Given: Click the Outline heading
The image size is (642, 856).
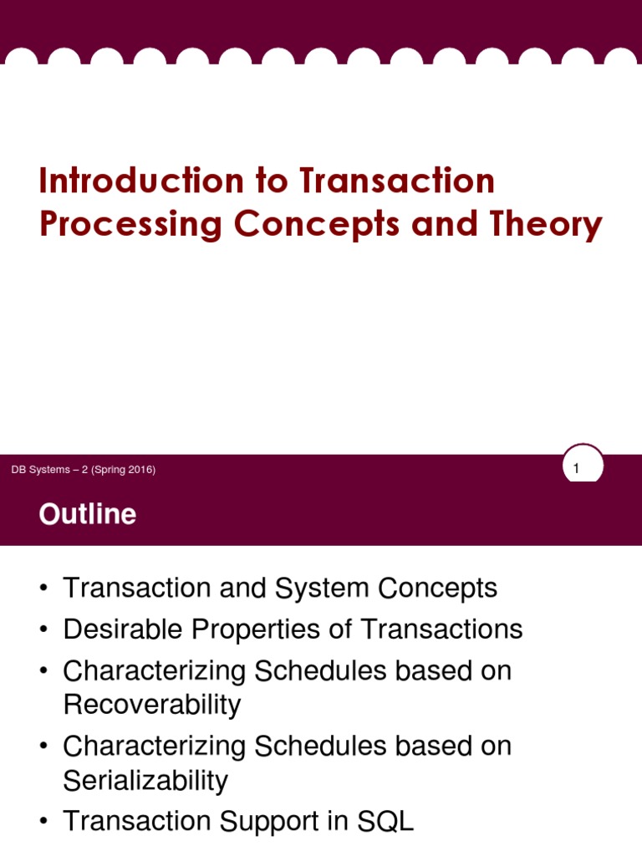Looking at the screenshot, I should [87, 514].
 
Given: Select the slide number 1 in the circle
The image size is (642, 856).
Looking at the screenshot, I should [576, 470].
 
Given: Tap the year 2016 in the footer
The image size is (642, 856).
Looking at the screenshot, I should [140, 470].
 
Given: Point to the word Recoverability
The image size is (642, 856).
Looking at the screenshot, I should [151, 706].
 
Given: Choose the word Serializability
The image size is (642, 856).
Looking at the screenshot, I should [145, 781].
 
